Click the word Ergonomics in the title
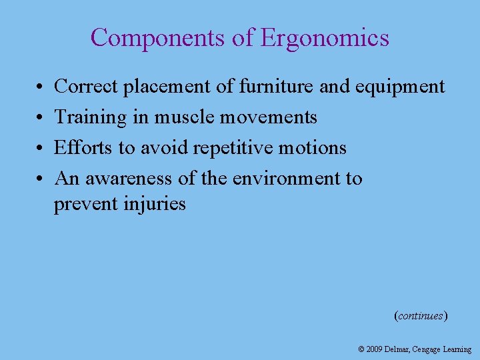(x=325, y=38)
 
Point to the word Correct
(x=85, y=87)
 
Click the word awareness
(x=131, y=179)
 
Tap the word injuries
(x=155, y=203)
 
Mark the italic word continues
(x=421, y=316)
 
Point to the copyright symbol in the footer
(x=361, y=349)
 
